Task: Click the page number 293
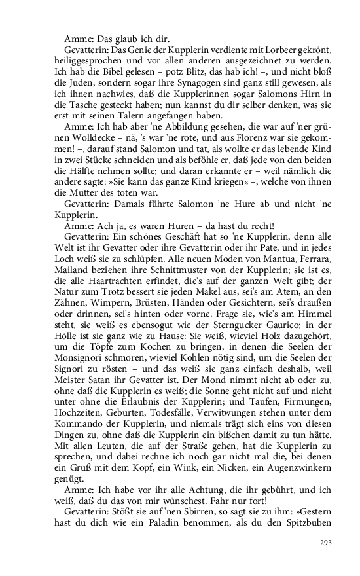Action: tap(326, 543)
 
